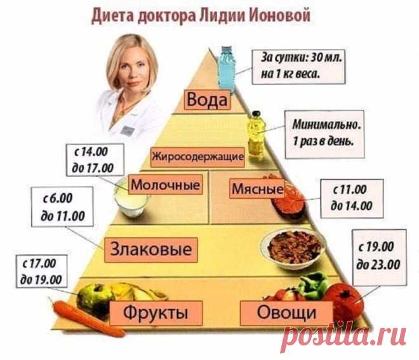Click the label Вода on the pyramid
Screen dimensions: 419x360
coord(207,100)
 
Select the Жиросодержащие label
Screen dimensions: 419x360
coord(197,157)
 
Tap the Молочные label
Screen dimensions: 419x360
coord(166,184)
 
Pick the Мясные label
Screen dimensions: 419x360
coord(257,189)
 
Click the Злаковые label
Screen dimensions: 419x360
coord(151,250)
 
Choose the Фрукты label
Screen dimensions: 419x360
coord(156,312)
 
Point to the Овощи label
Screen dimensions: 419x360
coord(286,312)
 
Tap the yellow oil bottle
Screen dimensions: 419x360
coord(256,137)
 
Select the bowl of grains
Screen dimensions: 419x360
coord(293,248)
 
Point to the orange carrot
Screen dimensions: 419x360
coord(88,319)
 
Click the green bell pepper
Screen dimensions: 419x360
coord(313,286)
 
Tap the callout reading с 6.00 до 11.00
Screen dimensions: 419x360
coord(62,206)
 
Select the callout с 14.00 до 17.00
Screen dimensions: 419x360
coord(95,160)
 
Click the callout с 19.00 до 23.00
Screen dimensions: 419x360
coord(379,257)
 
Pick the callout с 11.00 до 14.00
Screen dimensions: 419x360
coord(352,198)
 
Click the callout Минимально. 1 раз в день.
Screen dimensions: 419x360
coord(324,134)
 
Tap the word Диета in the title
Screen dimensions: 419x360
coord(113,15)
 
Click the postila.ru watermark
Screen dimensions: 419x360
coord(343,335)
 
